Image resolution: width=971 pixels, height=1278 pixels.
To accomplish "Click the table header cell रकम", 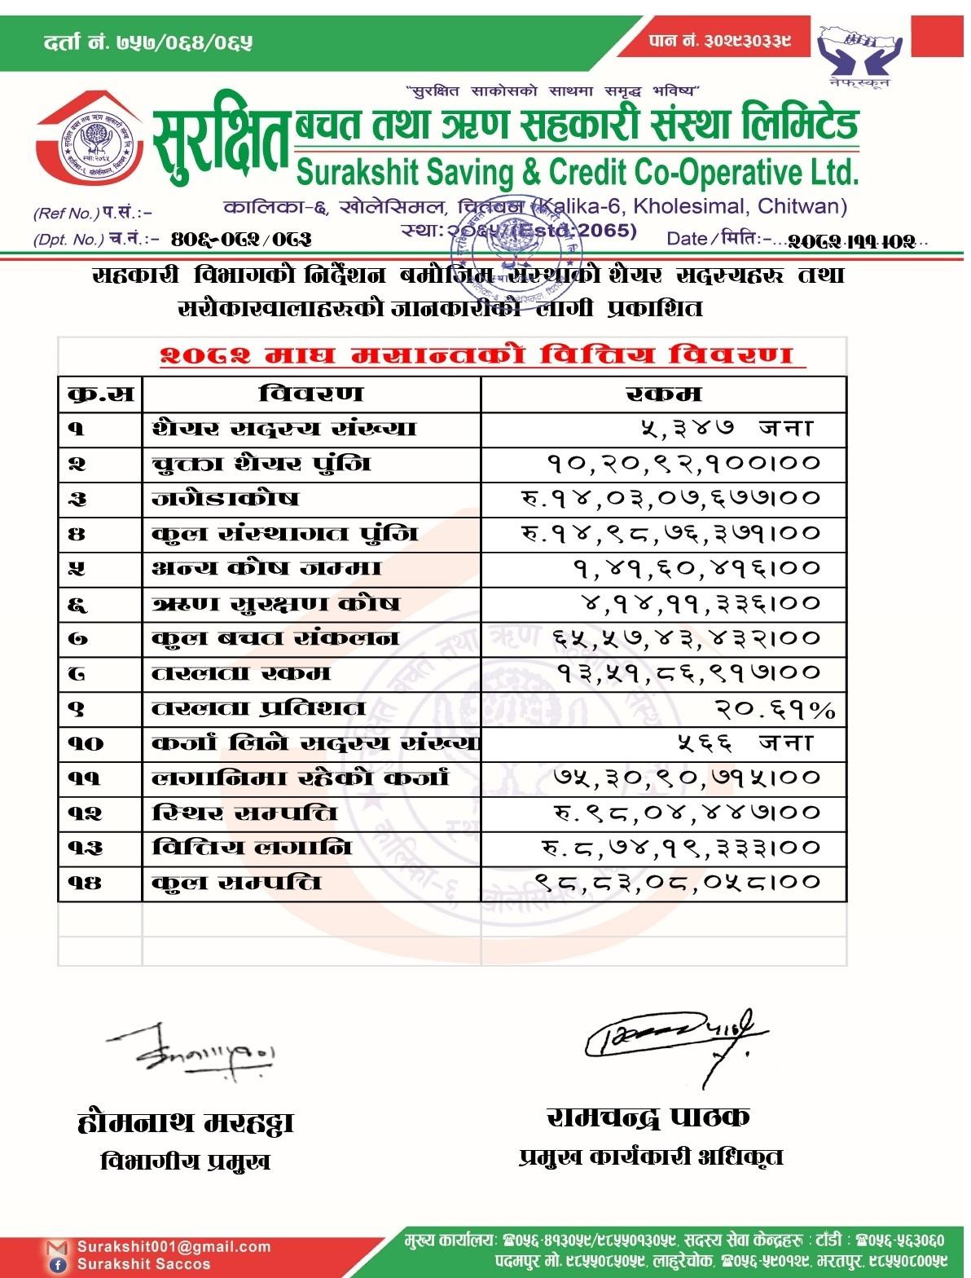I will click(663, 394).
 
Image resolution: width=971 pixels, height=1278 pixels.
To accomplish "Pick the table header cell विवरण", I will click(310, 394).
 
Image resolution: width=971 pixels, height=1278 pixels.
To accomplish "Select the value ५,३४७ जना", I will click(725, 428).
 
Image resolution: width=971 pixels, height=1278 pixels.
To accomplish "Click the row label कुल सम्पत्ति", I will click(237, 883).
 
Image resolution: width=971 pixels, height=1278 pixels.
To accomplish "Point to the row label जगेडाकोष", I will click(226, 498).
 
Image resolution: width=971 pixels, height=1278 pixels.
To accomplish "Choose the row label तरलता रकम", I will click(242, 673).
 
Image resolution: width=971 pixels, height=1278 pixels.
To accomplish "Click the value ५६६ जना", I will click(745, 743).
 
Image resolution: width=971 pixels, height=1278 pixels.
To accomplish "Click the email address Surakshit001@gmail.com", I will click(174, 1246).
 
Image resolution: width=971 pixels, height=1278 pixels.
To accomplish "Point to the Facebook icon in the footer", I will click(58, 1264).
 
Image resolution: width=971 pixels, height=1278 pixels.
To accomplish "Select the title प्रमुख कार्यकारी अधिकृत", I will click(650, 1157).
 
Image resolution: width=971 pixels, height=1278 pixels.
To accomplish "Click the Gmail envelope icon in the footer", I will click(57, 1248).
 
